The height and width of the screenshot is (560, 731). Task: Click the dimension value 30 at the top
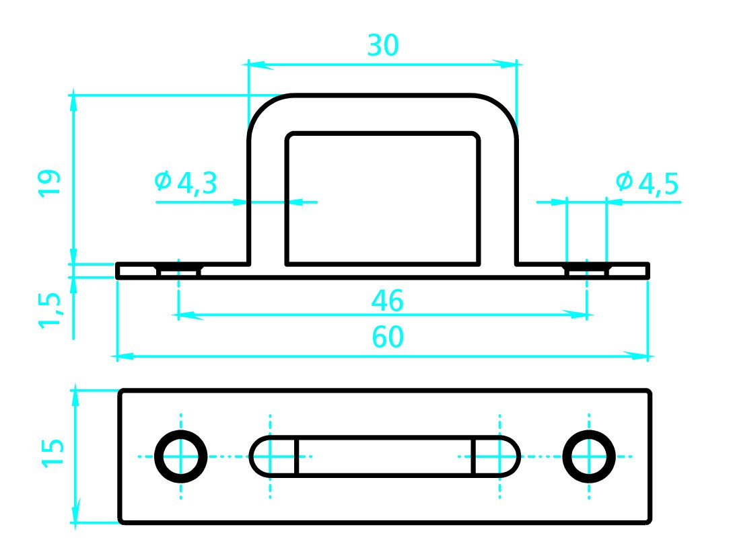383,45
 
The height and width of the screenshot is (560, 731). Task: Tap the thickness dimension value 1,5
49,309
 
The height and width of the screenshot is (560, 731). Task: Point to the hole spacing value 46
387,301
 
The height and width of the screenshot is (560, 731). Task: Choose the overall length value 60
388,338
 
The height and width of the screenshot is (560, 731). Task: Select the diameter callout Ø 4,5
646,182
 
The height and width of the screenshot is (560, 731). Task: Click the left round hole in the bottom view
181,456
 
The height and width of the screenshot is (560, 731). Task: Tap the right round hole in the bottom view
589,456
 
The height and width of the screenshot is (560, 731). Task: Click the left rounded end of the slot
273,456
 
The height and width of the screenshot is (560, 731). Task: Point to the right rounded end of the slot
497,456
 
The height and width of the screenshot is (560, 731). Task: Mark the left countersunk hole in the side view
179,270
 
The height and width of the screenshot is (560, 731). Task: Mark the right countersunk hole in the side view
587,270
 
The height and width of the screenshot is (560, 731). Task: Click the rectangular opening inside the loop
383,198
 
